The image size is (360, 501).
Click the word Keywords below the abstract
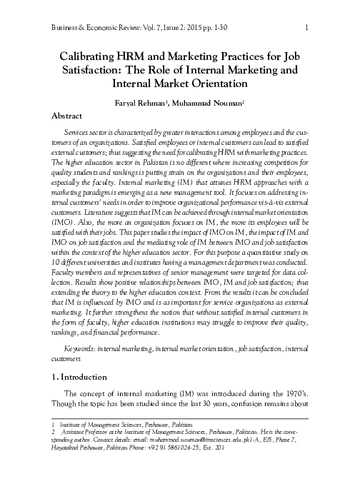point(78,347)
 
